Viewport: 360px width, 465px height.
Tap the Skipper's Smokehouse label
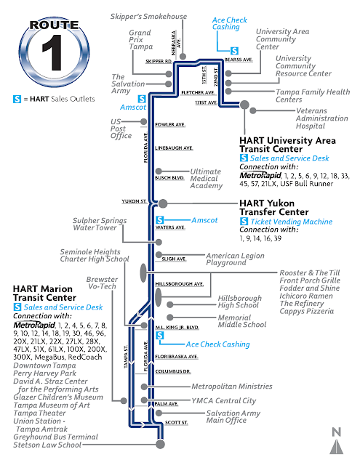[149, 16]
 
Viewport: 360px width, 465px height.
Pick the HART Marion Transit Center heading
[44, 293]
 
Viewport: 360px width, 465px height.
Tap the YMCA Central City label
[224, 400]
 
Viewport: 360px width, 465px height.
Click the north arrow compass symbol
[336, 444]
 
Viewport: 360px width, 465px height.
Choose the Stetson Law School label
[50, 445]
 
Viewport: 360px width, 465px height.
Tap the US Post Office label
[121, 129]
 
